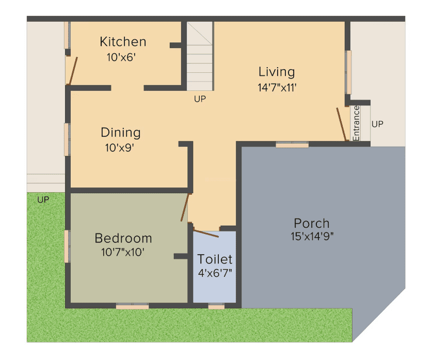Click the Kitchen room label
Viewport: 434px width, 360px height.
(x=123, y=42)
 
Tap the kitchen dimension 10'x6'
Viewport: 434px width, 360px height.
(x=121, y=57)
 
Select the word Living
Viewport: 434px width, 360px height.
(x=277, y=72)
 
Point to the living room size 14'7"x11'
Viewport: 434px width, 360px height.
(x=277, y=87)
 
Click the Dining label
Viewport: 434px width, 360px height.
(x=121, y=132)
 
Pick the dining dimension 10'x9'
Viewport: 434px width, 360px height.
(x=120, y=148)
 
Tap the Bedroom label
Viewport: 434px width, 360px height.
(x=123, y=238)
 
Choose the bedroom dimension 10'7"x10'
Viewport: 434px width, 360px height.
(x=123, y=252)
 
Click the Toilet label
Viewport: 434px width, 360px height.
(x=215, y=259)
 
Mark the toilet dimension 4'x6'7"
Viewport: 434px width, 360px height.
(x=215, y=273)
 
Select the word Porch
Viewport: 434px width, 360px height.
(x=312, y=223)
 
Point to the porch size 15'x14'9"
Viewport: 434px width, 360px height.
(x=312, y=237)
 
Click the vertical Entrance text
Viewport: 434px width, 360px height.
(x=356, y=123)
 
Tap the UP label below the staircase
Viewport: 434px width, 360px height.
(x=200, y=99)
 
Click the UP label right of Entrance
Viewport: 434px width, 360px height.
(x=377, y=124)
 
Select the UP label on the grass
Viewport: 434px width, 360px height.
(x=43, y=200)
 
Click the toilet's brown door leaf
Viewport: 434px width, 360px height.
(x=206, y=232)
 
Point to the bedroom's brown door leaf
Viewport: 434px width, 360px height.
(x=185, y=208)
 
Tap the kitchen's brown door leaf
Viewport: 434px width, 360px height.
(x=73, y=71)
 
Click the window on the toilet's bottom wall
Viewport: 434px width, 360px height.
(x=216, y=306)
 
